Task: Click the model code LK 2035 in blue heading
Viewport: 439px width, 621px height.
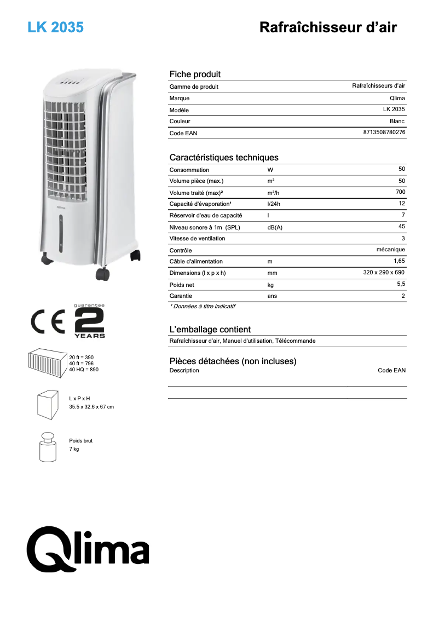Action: [x=56, y=27]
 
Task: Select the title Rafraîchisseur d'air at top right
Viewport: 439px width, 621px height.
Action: [x=328, y=27]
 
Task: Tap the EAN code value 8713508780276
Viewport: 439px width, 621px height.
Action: [x=384, y=133]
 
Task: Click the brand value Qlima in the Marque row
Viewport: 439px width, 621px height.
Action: [x=397, y=98]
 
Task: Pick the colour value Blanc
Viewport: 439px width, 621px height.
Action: [x=397, y=121]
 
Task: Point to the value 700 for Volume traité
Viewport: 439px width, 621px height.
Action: [x=400, y=192]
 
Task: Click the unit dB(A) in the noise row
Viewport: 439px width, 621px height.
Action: [x=275, y=227]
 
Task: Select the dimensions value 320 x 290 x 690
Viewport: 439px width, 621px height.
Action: [x=384, y=273]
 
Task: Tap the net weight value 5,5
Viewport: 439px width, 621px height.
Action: [x=400, y=284]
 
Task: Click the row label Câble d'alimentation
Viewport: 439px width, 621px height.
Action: [x=196, y=262]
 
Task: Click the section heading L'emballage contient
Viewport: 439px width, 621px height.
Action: [x=210, y=330]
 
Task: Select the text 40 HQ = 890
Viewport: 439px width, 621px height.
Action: [x=84, y=370]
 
